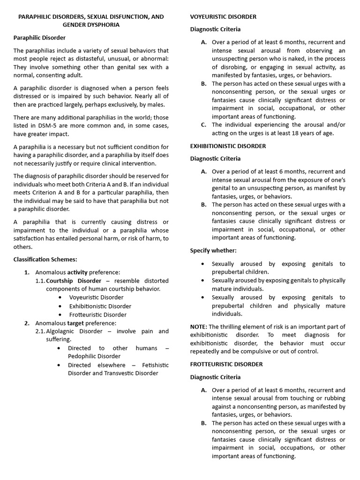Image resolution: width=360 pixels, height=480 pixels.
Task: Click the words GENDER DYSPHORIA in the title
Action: (91, 25)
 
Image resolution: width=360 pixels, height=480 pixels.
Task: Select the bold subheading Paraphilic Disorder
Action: (39, 37)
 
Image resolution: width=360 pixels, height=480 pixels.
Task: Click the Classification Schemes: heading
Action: (45, 259)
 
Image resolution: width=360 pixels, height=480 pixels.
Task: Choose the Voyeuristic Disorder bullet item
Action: (96, 297)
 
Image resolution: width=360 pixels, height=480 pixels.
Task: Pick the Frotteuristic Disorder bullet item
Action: (97, 315)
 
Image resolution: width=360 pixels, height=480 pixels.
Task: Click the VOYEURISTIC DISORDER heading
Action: (223, 17)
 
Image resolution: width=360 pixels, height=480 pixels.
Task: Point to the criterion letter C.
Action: (203, 125)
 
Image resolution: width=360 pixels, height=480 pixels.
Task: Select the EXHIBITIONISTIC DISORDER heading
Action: (228, 146)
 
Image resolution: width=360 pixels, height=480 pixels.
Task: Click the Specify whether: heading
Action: (213, 251)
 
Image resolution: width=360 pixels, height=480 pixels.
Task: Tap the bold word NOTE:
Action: (199, 327)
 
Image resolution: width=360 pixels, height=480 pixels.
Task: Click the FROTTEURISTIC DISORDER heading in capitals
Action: (226, 364)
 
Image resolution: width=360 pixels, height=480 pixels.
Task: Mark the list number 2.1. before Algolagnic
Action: (40, 331)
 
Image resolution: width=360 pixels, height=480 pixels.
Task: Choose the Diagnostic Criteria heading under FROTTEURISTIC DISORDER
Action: (215, 377)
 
